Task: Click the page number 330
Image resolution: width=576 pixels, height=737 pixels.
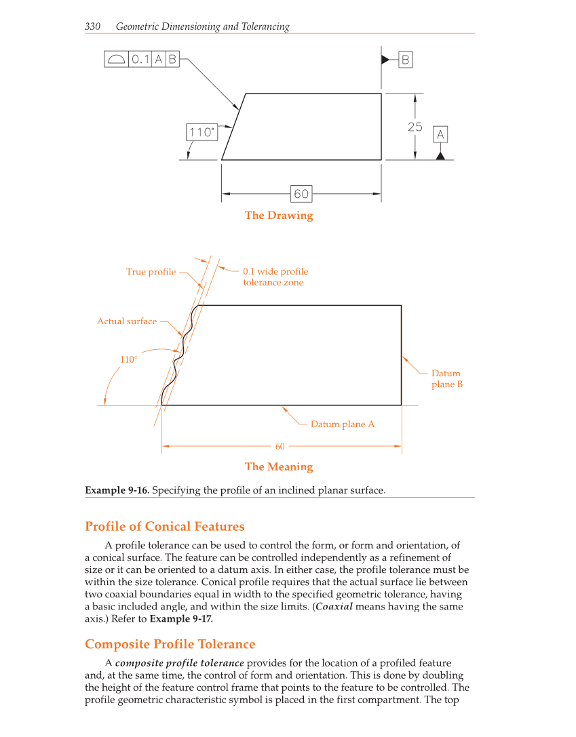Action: coord(93,26)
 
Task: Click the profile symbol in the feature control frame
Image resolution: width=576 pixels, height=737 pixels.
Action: coord(116,60)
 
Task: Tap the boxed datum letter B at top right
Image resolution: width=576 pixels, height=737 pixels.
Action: coord(405,60)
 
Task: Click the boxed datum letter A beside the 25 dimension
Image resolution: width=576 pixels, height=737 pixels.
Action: coord(440,135)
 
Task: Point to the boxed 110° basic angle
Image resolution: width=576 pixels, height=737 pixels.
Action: coord(201,132)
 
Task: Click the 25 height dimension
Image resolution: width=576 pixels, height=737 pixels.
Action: coord(415,127)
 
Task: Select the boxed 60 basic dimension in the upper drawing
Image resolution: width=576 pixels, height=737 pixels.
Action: coord(301,194)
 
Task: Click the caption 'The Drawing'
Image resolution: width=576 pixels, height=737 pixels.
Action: coord(279,216)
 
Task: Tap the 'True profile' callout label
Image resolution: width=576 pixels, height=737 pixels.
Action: coord(151,272)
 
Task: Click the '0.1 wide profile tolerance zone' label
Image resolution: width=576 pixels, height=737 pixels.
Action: coord(275,277)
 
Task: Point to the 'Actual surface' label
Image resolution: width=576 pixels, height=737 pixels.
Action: coord(127,321)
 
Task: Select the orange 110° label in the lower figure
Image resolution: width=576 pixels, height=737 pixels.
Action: coord(128,359)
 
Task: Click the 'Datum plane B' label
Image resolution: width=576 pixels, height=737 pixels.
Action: coord(446,378)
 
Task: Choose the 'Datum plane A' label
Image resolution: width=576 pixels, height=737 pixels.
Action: coord(342,424)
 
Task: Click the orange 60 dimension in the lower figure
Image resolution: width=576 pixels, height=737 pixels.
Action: coord(280,446)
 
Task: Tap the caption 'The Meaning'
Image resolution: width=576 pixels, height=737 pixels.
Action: coord(279,466)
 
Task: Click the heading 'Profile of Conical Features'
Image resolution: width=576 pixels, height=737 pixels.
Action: coord(164,527)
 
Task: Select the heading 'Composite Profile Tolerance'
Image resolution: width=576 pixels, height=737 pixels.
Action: coord(170,644)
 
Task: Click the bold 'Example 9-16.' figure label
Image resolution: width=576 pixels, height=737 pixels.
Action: coord(117,490)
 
